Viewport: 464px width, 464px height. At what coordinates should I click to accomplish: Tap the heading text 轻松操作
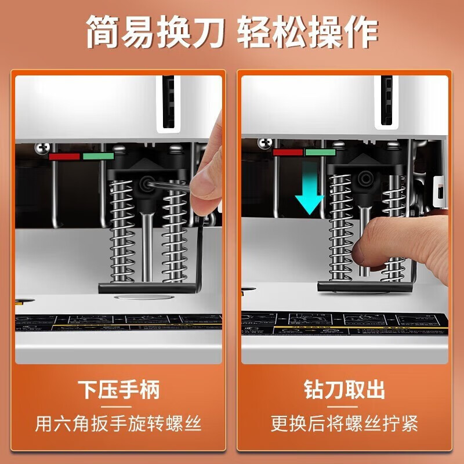point(308,33)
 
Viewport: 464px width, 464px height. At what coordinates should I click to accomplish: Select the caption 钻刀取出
point(345,390)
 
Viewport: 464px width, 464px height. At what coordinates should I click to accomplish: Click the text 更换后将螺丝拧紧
point(345,423)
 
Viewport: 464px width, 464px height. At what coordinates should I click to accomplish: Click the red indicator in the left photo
point(64,156)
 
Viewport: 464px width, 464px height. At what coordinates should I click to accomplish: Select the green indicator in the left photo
point(97,156)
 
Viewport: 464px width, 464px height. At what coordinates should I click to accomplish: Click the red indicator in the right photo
point(288,153)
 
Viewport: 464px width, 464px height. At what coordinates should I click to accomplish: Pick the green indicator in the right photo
point(320,153)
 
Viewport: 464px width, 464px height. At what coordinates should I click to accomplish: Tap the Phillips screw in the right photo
point(266,142)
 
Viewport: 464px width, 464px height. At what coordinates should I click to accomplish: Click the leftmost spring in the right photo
point(340,229)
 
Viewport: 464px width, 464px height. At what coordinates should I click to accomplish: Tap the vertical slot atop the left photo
point(168,101)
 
